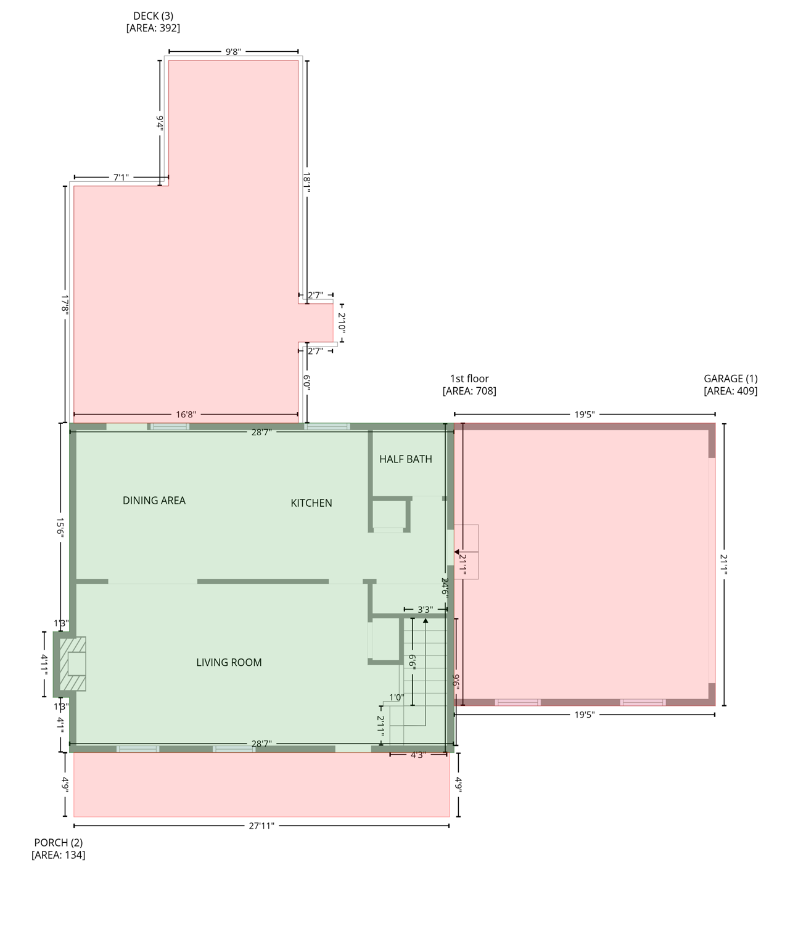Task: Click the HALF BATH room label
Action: pyautogui.click(x=405, y=459)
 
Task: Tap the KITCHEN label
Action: pyautogui.click(x=311, y=503)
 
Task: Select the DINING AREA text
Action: pyautogui.click(x=154, y=501)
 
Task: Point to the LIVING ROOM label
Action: pyautogui.click(x=229, y=663)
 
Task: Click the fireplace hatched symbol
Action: pyautogui.click(x=72, y=664)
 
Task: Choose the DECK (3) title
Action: pyautogui.click(x=153, y=16)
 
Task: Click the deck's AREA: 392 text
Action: pyautogui.click(x=153, y=28)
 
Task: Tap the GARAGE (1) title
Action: pyautogui.click(x=730, y=379)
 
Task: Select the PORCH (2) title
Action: pyautogui.click(x=58, y=843)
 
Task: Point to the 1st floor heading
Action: pyautogui.click(x=469, y=379)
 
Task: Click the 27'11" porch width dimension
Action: pyautogui.click(x=261, y=826)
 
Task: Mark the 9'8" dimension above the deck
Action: pyautogui.click(x=232, y=52)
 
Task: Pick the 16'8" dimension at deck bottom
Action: pyautogui.click(x=186, y=415)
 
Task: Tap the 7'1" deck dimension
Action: pyautogui.click(x=121, y=178)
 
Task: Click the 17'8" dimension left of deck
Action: pyautogui.click(x=65, y=305)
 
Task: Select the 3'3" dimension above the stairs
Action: pyautogui.click(x=425, y=610)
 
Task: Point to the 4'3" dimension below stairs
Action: pyautogui.click(x=417, y=755)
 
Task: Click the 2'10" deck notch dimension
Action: pyautogui.click(x=341, y=323)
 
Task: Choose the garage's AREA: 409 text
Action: pyautogui.click(x=730, y=391)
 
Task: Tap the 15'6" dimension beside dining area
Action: pyautogui.click(x=60, y=528)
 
